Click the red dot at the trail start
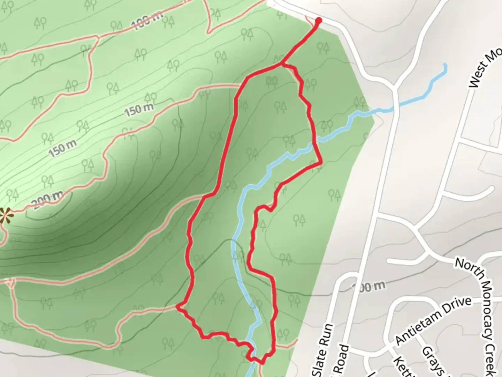point(318,21)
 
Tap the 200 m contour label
point(47,199)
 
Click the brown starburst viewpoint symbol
point(5,215)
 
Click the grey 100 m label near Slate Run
point(370,287)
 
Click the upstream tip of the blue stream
point(445,64)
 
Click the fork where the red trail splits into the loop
point(282,64)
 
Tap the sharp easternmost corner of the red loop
point(320,163)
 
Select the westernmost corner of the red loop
point(177,307)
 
